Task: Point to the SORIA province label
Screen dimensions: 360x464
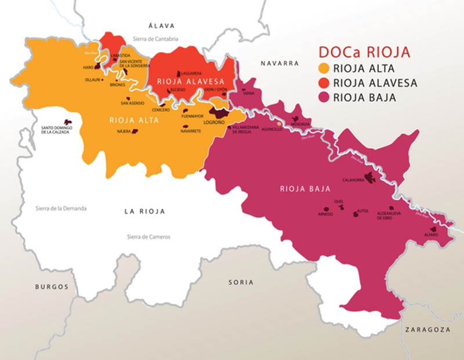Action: (x=241, y=282)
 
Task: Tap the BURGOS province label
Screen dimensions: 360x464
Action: (x=50, y=287)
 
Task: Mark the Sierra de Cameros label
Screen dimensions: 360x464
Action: (x=150, y=237)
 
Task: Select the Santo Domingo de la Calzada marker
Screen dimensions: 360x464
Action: (x=68, y=123)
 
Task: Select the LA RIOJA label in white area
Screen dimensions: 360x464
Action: (x=144, y=212)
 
